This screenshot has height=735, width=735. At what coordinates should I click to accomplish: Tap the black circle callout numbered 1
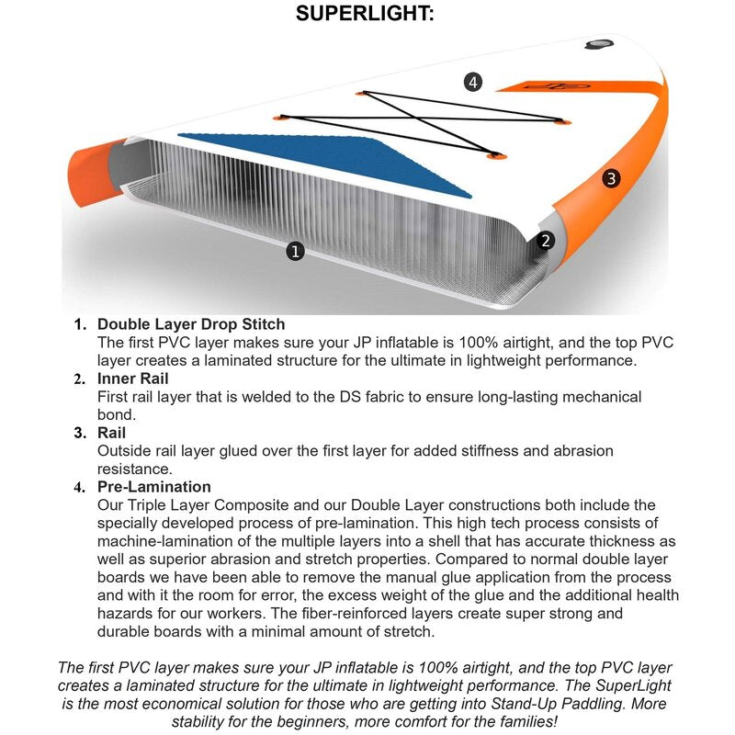pyautogui.click(x=295, y=250)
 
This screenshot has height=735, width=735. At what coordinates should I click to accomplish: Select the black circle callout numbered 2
pyautogui.click(x=546, y=241)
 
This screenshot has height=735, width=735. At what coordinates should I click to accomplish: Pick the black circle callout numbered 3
pyautogui.click(x=612, y=178)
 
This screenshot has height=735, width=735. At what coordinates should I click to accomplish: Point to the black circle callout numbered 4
pyautogui.click(x=472, y=83)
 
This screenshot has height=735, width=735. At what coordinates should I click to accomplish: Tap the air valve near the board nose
pyautogui.click(x=598, y=43)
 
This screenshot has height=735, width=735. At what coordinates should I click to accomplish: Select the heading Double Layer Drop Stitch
pyautogui.click(x=191, y=324)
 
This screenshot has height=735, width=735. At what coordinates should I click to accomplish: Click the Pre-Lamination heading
pyautogui.click(x=154, y=487)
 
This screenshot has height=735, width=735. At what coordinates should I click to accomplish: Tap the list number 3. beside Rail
pyautogui.click(x=80, y=433)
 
